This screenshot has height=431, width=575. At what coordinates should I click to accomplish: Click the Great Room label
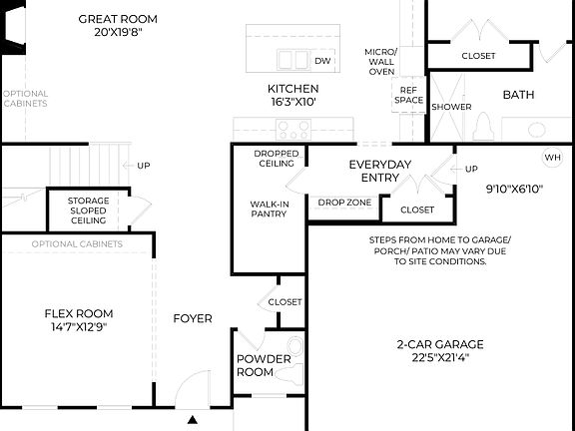119,19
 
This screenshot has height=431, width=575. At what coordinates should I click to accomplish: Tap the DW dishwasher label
322,61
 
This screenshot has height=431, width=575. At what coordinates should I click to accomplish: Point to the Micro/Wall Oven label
380,61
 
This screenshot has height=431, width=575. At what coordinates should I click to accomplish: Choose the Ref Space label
409,94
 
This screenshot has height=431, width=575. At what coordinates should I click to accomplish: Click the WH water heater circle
553,158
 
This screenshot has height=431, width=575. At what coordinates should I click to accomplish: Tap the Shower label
451,107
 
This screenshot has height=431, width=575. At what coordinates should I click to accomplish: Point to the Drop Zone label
344,203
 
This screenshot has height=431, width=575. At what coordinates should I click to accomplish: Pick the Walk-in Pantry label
269,209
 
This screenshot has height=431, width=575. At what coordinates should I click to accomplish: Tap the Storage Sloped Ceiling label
89,211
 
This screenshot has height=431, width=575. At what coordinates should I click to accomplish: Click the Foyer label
193,319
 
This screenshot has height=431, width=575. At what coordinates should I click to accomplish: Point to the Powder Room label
264,365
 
